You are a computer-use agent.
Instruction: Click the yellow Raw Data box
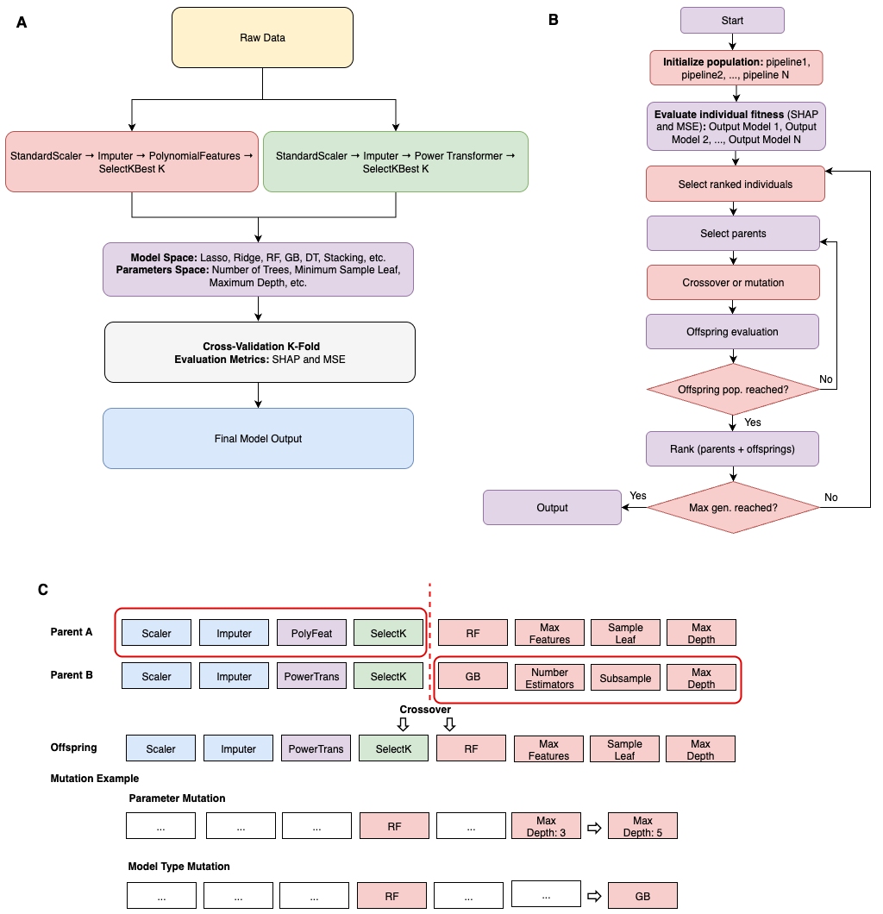262,38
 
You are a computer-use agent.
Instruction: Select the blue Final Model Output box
258,439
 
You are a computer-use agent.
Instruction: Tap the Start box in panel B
732,20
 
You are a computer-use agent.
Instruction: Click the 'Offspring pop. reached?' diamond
732,390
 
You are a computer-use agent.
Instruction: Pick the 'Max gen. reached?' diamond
732,508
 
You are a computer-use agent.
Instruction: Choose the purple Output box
552,508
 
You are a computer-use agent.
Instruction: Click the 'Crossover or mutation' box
732,283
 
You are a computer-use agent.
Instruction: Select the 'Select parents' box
732,234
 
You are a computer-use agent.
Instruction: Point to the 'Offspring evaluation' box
732,332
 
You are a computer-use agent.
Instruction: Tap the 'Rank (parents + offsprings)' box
732,448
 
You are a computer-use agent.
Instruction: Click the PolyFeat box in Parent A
311,633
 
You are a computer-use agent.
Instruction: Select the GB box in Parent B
473,677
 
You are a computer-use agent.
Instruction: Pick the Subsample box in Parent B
625,677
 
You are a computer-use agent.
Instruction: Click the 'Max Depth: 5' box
642,826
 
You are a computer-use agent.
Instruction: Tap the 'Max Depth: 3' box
546,826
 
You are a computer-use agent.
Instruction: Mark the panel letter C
43,590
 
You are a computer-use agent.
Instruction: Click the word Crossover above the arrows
424,710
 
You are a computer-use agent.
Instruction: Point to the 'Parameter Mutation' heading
177,798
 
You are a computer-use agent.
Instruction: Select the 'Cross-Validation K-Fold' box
260,352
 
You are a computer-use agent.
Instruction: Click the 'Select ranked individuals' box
735,184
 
